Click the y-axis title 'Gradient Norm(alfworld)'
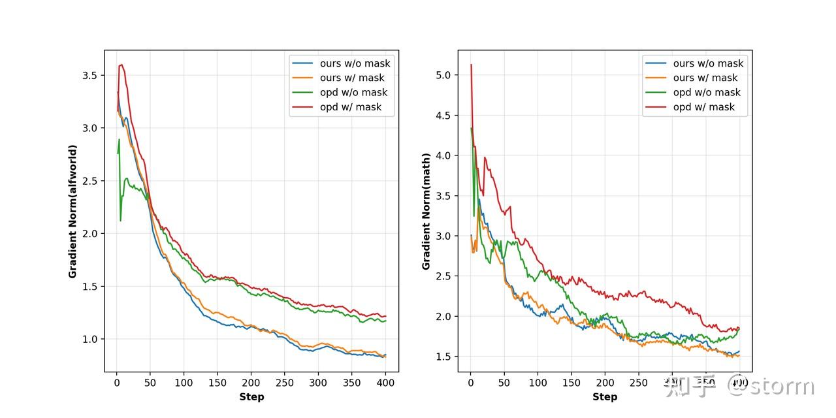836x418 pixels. (x=73, y=212)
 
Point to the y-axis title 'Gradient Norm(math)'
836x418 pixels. (x=426, y=212)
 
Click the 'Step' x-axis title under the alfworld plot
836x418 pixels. (x=251, y=396)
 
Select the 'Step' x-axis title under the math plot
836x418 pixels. (x=605, y=396)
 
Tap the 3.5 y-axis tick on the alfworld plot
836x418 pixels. (x=89, y=75)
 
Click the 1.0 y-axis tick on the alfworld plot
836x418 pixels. (x=89, y=339)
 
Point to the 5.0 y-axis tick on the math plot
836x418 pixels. (x=443, y=75)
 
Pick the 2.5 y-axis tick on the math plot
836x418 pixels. (x=443, y=276)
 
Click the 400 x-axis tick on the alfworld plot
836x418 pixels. (x=385, y=383)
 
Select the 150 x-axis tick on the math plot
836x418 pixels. (x=571, y=383)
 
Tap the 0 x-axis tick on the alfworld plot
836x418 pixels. (x=117, y=383)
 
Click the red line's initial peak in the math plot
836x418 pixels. (x=471, y=65)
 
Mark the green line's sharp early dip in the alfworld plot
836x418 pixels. (x=120, y=221)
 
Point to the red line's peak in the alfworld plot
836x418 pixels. (x=121, y=65)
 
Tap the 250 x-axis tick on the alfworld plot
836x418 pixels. (x=285, y=383)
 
